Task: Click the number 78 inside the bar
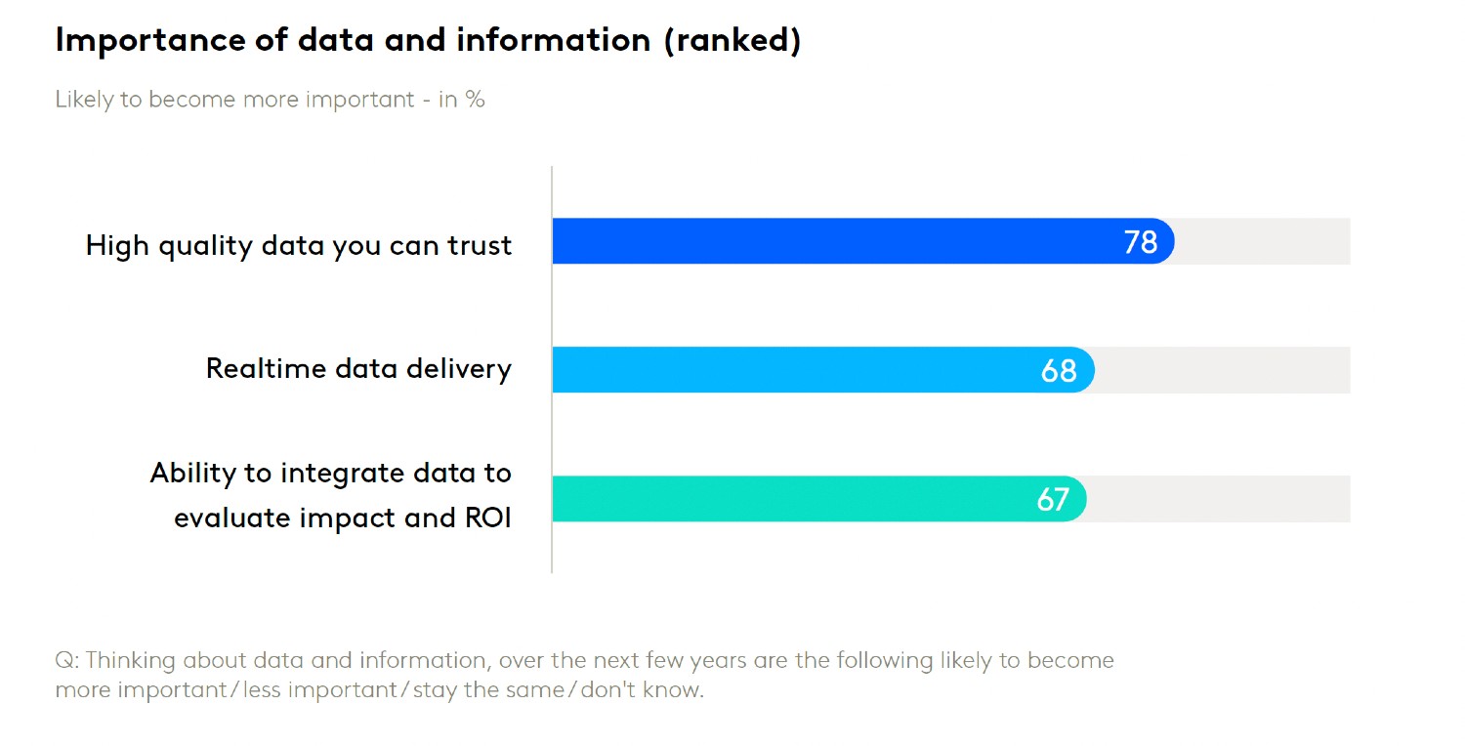(1140, 241)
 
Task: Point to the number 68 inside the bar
(1059, 370)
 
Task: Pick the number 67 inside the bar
(1053, 499)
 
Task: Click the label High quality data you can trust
(299, 245)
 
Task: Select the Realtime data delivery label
(358, 368)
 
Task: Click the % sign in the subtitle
(475, 100)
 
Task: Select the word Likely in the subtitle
(84, 100)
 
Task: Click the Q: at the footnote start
(67, 660)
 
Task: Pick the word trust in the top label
(480, 245)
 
